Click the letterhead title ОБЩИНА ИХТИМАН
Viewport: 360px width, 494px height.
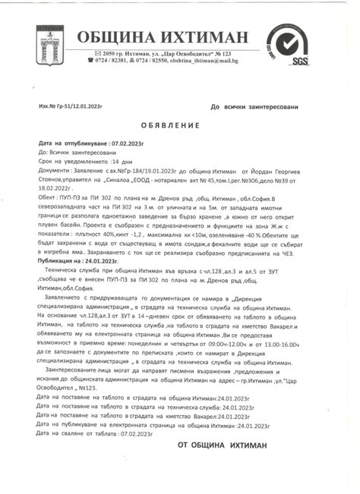click(x=163, y=38)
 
